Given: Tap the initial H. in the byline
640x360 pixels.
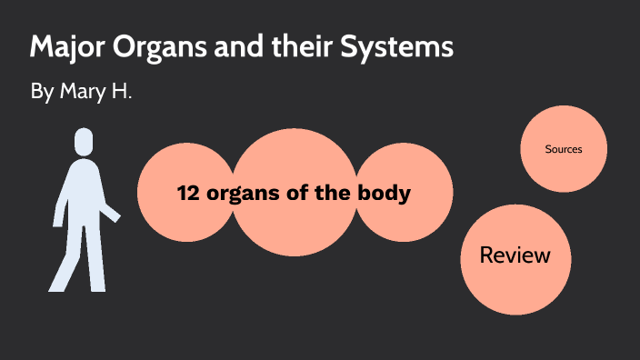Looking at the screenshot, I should point(119,93).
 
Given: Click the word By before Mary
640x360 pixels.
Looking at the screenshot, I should point(43,94).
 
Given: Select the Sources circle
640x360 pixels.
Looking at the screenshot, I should point(564,149).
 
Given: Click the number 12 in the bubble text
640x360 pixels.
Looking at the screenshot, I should point(188,194).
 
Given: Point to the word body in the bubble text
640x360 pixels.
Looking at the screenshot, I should point(386,194).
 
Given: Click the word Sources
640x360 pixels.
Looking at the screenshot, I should point(564,149).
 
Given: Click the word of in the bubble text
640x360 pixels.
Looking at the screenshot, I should point(302,194).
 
